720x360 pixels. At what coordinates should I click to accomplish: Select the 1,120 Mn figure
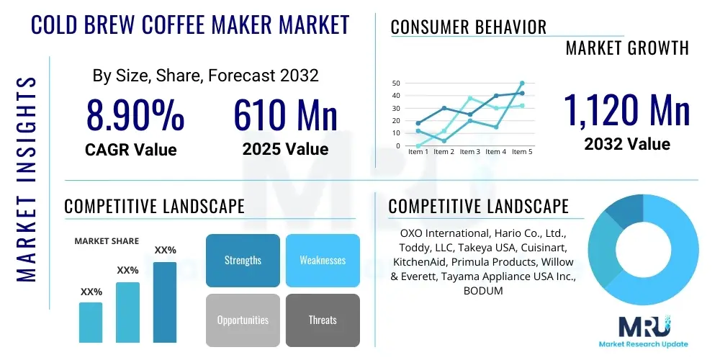coord(626,109)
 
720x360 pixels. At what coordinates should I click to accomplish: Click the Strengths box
coord(243,260)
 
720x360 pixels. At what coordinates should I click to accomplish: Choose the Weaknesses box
coord(323,260)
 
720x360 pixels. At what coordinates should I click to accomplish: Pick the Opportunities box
coord(243,320)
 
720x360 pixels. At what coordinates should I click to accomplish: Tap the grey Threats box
coord(323,320)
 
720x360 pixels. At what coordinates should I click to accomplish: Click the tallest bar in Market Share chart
coord(165,302)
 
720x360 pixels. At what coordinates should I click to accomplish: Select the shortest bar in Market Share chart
coord(91,322)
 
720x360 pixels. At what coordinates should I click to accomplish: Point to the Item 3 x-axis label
coord(469,152)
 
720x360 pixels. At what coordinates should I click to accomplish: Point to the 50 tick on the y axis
coord(395,84)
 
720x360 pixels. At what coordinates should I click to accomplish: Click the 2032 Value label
coord(626,144)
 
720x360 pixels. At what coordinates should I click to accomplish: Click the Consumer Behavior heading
coord(468,27)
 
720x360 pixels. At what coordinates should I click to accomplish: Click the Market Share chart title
coord(107,241)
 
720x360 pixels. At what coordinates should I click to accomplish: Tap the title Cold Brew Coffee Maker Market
coord(190,24)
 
